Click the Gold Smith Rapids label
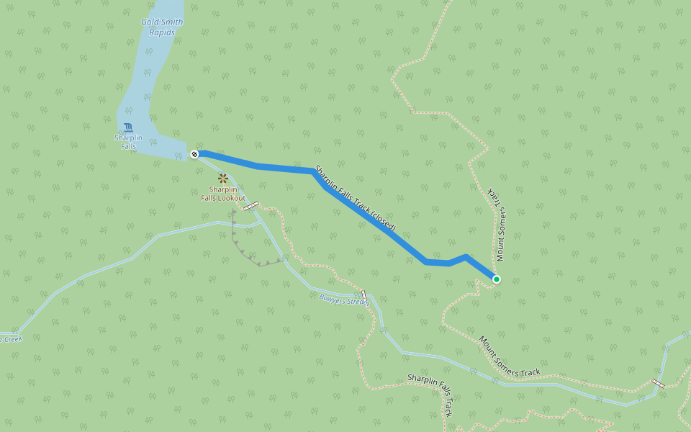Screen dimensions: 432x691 [x=162, y=27]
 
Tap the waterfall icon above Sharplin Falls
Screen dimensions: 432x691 [x=128, y=127]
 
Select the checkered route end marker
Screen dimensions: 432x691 [x=194, y=154]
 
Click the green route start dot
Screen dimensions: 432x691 [x=496, y=279]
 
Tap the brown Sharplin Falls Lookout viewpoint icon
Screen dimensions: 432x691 [x=223, y=177]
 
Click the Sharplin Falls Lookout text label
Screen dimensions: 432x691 [x=223, y=194]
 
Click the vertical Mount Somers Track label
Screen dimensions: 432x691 [x=496, y=224]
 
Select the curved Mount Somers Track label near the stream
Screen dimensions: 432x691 [x=510, y=356]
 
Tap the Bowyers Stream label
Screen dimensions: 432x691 [x=344, y=299]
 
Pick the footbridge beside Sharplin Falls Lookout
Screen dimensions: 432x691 [x=250, y=207]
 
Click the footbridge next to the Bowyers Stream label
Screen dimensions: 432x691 [x=364, y=296]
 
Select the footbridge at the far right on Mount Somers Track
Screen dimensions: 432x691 [x=658, y=383]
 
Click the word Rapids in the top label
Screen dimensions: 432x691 [x=162, y=32]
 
